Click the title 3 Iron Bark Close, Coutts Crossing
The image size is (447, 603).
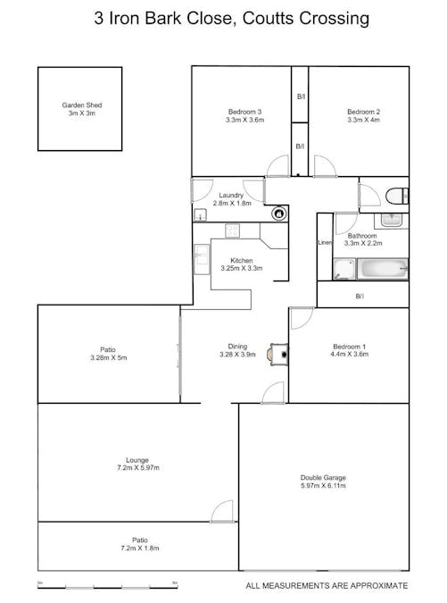[x=219, y=17]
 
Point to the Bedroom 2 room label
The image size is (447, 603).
[x=363, y=116]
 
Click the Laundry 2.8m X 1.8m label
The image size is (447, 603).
[x=231, y=199]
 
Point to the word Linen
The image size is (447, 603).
[x=326, y=242]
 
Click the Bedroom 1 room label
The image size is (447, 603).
[x=350, y=350]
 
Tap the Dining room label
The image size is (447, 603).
[x=236, y=350]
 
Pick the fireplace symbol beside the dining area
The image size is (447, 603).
[x=283, y=353]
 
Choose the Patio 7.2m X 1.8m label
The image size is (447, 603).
[x=139, y=544]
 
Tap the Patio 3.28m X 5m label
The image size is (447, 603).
[x=109, y=355]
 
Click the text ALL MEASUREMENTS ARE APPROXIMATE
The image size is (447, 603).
[x=327, y=585]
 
